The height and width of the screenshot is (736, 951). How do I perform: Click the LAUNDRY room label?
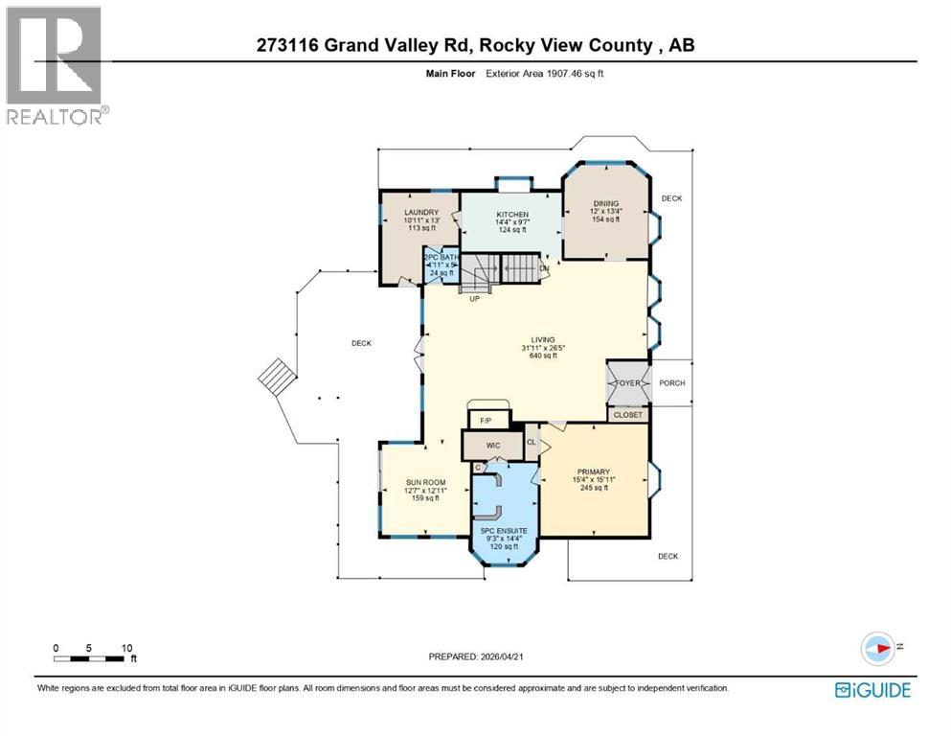420,212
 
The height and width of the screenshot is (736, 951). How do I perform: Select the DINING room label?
605,203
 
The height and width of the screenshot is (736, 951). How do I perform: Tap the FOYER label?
627,383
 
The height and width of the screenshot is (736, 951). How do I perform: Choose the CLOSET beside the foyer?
628,415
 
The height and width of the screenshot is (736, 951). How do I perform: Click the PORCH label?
672,383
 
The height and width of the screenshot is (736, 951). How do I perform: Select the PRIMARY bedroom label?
591,471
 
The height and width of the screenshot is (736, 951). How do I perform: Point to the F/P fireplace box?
485,420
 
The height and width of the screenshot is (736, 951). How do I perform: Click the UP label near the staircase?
474,299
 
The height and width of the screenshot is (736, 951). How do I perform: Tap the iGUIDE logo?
872,690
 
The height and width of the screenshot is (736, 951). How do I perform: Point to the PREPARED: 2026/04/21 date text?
476,656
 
